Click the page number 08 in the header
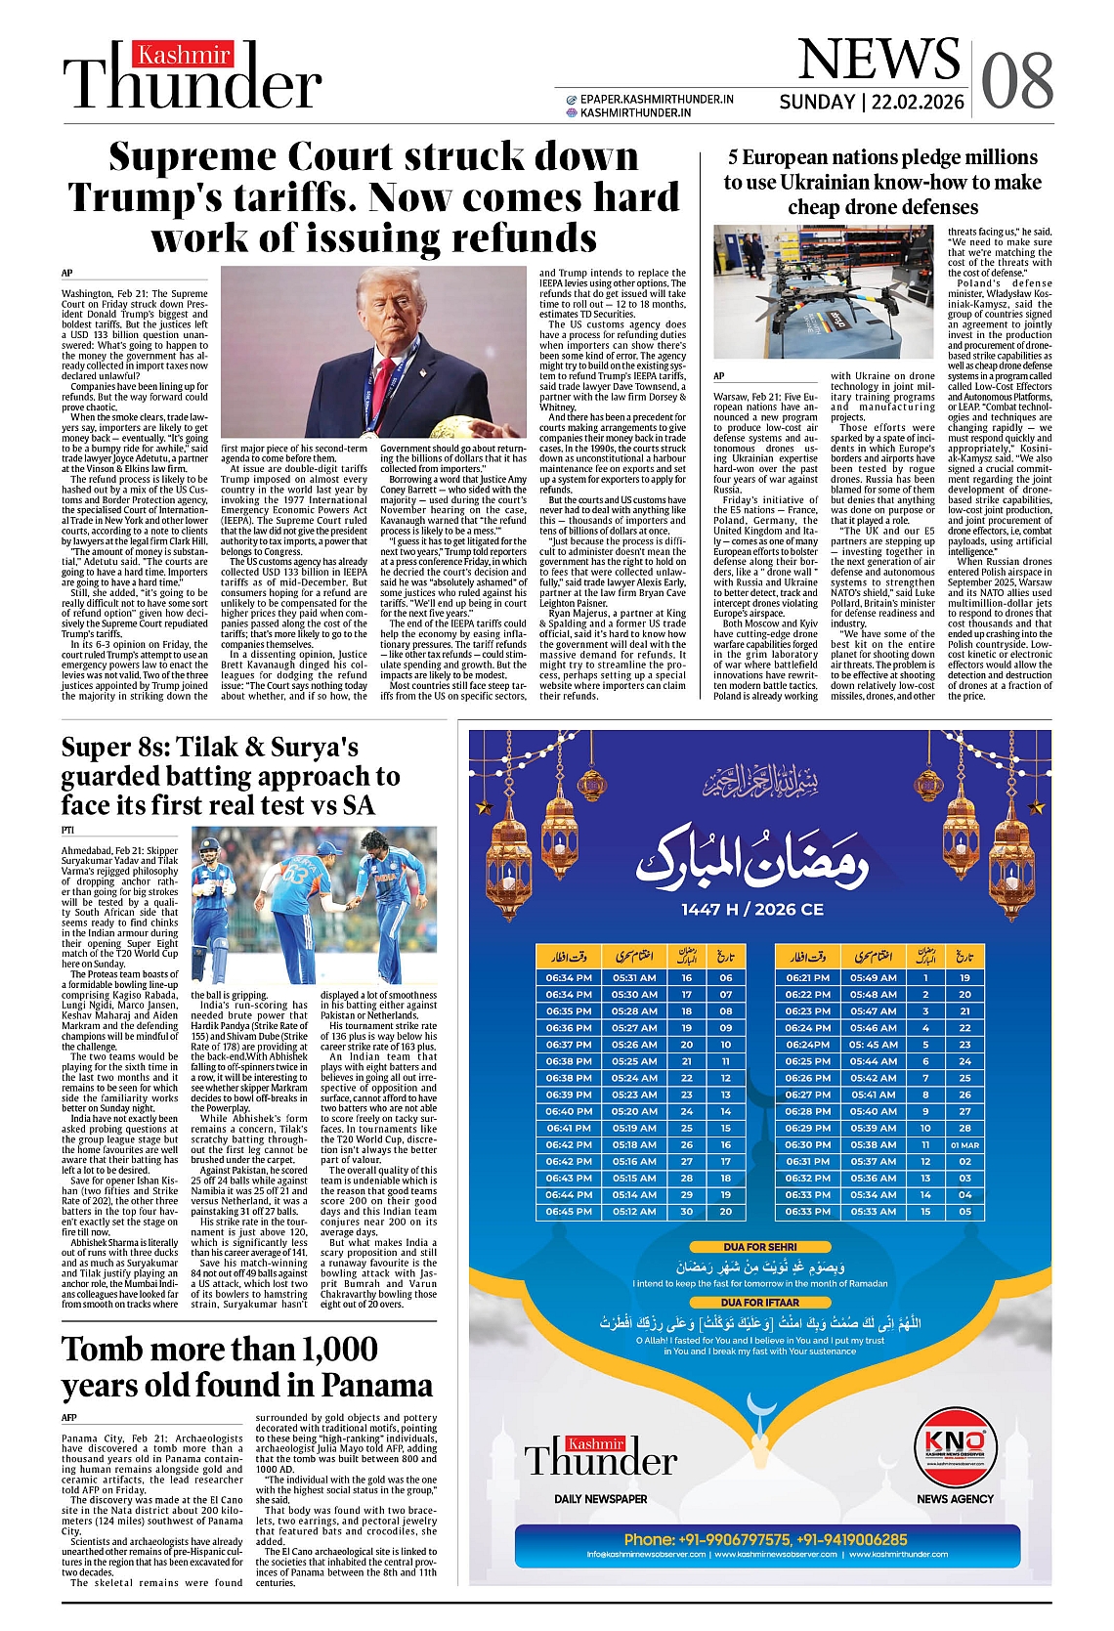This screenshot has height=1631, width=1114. click(x=1017, y=80)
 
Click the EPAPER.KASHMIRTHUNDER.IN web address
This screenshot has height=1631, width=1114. click(x=657, y=99)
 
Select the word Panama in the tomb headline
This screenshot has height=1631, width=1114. click(x=377, y=1386)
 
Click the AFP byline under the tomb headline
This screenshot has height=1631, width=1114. click(x=69, y=1417)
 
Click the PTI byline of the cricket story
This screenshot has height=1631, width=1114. click(x=67, y=830)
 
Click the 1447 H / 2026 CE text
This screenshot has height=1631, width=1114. click(x=752, y=909)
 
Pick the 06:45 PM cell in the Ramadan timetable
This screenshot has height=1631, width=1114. click(x=569, y=1211)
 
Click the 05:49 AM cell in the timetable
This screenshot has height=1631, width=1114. click(x=873, y=977)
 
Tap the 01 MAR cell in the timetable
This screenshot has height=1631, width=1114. click(x=964, y=1144)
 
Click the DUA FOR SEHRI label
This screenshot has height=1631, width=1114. click(x=760, y=1247)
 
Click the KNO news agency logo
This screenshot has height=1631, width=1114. click(x=955, y=1445)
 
